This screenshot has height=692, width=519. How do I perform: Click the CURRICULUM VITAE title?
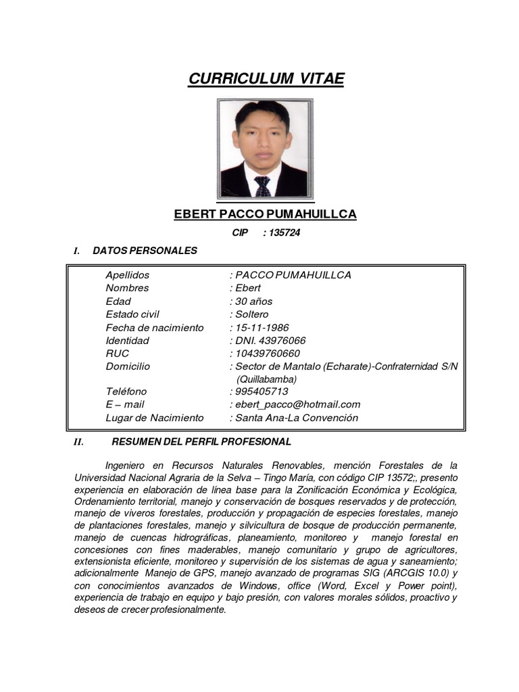click(x=266, y=79)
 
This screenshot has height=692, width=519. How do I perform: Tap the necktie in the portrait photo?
click(x=263, y=186)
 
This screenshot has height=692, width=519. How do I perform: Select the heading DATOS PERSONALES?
click(x=145, y=251)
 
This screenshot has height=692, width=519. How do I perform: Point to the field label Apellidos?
click(x=127, y=275)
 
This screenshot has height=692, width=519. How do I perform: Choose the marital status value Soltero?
click(x=251, y=314)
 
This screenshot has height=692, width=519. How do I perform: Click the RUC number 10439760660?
click(x=267, y=353)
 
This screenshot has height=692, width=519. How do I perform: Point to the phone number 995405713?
click(x=262, y=391)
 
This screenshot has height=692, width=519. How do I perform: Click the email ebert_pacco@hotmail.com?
click(x=297, y=404)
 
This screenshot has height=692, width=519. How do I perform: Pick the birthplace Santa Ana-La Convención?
click(x=296, y=418)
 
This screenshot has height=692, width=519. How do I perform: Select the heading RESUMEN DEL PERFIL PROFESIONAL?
click(x=201, y=442)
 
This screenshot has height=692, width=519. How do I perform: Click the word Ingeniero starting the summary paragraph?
click(x=130, y=466)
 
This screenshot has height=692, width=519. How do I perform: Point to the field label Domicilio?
click(x=128, y=366)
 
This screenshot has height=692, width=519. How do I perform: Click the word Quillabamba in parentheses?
click(x=267, y=379)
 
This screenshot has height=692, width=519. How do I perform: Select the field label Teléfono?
click(x=126, y=391)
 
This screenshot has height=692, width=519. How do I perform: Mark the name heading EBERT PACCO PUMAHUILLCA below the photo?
click(x=265, y=214)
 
